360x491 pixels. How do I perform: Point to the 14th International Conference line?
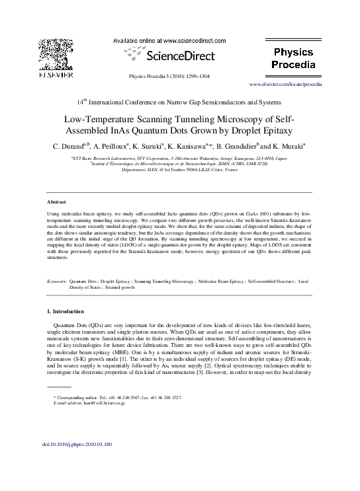[179, 102]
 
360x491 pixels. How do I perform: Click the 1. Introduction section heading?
[66, 311]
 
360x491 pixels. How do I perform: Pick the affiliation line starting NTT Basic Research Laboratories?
[179, 159]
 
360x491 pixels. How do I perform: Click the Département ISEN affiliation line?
[179, 170]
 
